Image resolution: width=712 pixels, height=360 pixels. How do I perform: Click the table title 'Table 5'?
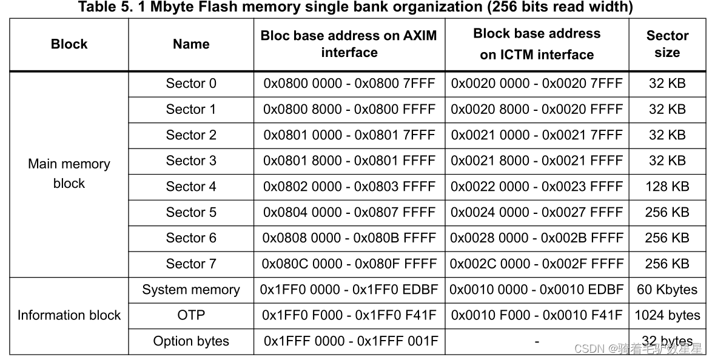tap(355, 7)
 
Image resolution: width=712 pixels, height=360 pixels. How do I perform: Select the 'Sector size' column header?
tap(667, 44)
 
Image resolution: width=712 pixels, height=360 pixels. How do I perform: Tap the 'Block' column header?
tap(69, 44)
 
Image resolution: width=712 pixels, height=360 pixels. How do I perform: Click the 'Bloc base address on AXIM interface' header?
tap(349, 44)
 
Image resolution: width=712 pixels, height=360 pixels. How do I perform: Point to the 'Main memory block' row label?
tap(69, 173)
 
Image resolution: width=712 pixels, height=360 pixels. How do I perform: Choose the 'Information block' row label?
tap(69, 315)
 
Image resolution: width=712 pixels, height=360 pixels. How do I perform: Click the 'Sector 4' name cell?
tap(191, 187)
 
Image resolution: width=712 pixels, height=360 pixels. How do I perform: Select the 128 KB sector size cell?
tap(667, 187)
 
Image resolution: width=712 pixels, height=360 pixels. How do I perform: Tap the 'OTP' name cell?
tap(191, 315)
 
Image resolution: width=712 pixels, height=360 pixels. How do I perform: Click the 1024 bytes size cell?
tap(667, 315)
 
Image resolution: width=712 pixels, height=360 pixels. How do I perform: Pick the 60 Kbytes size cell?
tap(667, 290)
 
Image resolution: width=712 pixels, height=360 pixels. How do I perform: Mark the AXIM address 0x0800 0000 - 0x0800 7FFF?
tap(349, 84)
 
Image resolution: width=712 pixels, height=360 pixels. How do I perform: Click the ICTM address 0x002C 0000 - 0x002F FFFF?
tap(537, 264)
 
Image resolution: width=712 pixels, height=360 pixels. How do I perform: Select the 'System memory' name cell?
tap(191, 290)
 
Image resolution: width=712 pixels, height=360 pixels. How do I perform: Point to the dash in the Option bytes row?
tap(537, 342)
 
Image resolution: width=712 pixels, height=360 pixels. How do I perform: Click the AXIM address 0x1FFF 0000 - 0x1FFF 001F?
tap(349, 341)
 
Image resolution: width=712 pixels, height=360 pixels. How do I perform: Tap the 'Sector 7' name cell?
tap(191, 264)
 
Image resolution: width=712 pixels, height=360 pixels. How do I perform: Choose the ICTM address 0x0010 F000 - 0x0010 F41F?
tap(537, 315)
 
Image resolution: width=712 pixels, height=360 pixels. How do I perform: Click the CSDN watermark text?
tap(637, 348)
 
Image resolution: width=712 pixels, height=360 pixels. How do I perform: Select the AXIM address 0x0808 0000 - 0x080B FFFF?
tap(349, 238)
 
